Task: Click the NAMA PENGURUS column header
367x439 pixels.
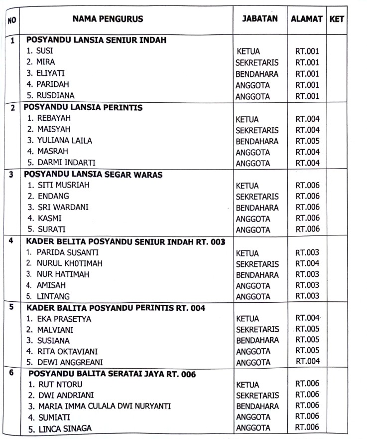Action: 108,19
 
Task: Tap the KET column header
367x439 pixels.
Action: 337,19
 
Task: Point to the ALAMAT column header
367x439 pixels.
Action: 307,19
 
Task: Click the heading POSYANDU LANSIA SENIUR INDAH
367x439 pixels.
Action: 96,40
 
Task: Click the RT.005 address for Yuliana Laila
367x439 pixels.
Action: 307,141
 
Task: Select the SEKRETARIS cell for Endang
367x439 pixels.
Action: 257,197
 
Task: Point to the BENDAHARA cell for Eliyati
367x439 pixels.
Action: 257,74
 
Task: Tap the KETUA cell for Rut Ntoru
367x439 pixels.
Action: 247,385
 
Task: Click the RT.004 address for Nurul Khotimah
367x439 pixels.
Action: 307,263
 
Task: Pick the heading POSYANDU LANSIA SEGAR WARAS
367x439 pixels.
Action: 96,174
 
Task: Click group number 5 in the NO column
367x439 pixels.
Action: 11,307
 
